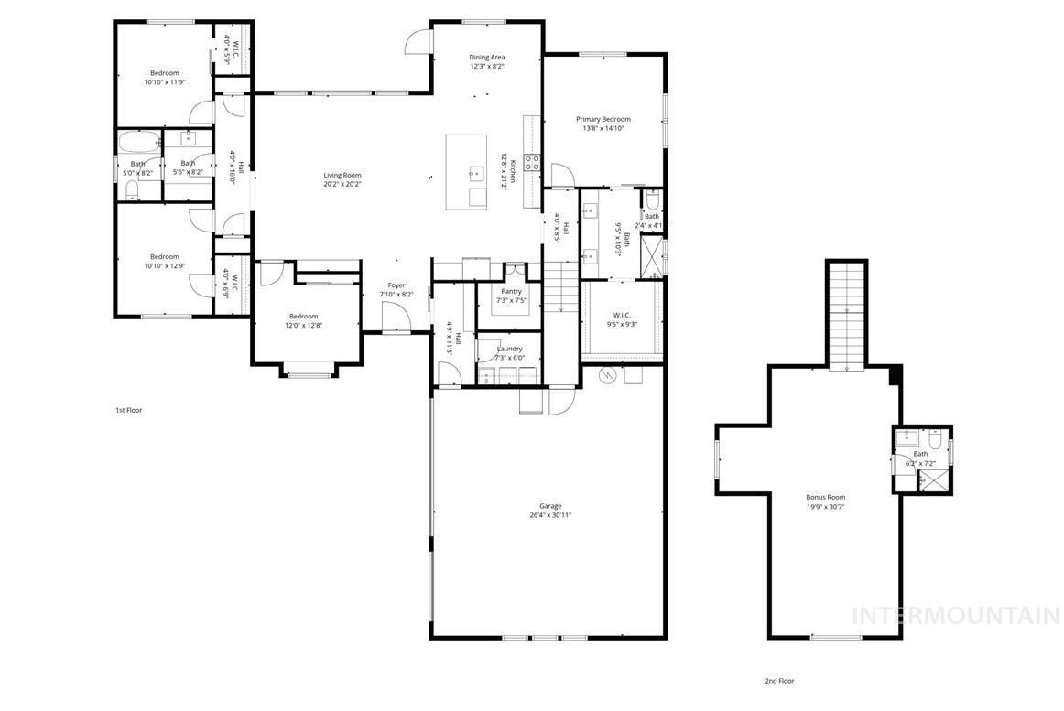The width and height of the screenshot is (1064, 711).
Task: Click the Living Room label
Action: point(342,176)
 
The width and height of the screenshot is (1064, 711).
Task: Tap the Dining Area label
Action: point(487,57)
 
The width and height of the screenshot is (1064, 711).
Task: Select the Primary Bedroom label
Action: point(603,119)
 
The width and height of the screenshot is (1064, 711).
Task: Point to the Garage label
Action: point(549,506)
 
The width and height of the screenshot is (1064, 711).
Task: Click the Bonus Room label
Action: point(825,497)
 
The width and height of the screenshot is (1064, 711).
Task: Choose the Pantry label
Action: point(511,291)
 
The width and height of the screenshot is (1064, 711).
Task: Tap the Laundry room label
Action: point(510,349)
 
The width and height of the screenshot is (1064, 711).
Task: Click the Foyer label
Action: point(396,285)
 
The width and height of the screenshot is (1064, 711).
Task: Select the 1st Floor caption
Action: point(128,410)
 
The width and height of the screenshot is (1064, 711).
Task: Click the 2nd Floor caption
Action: point(779,681)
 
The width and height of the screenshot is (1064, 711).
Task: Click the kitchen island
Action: point(467,172)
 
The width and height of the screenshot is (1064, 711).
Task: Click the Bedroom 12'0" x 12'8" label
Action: point(303,317)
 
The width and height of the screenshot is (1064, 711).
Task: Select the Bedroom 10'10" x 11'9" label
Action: point(165,73)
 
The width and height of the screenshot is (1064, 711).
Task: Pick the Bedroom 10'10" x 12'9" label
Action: point(165,257)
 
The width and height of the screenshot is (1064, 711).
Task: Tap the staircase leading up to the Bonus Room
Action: point(846,314)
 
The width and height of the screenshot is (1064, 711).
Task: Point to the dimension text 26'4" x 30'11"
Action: point(549,515)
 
